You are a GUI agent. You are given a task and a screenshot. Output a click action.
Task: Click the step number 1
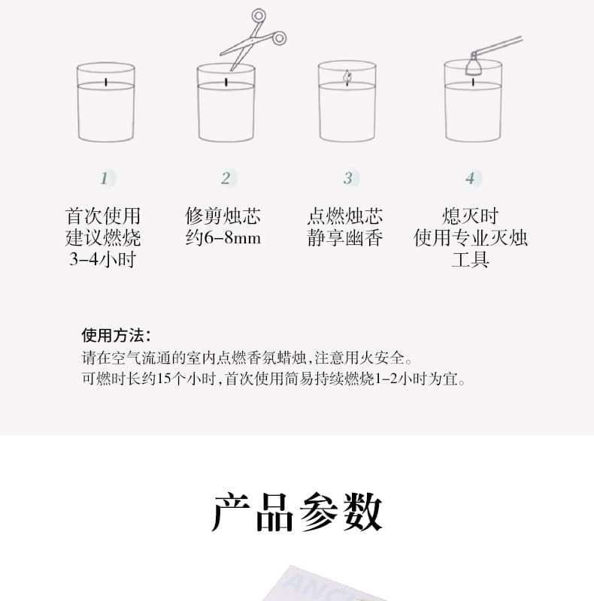tap(104, 178)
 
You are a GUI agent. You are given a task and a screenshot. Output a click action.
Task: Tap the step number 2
tap(226, 178)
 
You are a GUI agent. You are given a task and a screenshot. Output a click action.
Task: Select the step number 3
tap(347, 178)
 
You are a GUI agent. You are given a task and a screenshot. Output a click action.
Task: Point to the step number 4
tap(470, 178)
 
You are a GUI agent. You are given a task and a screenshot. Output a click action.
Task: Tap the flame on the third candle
tap(347, 78)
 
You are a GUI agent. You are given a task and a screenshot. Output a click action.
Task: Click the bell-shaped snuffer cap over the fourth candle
tap(474, 66)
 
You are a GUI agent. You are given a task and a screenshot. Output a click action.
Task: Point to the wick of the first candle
tap(106, 82)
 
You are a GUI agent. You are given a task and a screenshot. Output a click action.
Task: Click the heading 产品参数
tap(297, 512)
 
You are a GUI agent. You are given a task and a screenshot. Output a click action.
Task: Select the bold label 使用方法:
tap(116, 335)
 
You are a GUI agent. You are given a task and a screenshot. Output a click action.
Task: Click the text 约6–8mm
tap(223, 237)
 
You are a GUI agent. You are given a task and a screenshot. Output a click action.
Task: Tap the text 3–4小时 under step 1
tap(102, 259)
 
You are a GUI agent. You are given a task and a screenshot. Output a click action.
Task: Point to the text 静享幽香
tap(345, 237)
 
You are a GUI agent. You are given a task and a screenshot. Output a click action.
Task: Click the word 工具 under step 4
tap(470, 259)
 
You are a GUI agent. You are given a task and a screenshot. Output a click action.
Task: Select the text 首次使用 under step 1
tap(103, 216)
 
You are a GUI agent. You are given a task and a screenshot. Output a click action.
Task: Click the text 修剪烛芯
tap(223, 216)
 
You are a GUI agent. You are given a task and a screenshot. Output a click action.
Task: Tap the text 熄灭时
tap(470, 216)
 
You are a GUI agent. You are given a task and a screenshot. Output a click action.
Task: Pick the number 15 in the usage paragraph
tap(163, 379)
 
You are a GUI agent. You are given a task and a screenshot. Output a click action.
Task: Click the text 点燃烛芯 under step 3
tap(345, 216)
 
